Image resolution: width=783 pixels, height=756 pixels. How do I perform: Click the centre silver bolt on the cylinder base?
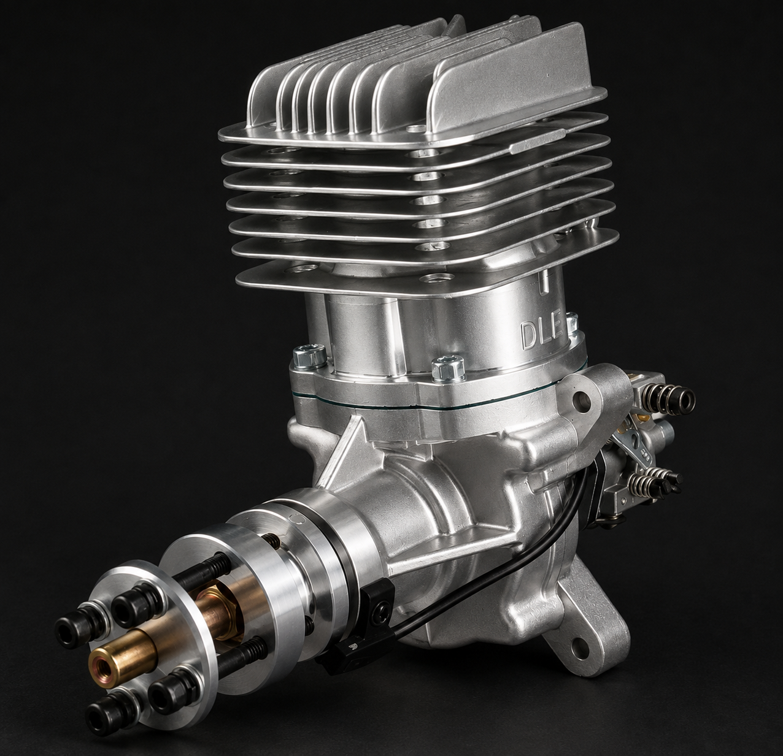pyautogui.click(x=448, y=368)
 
